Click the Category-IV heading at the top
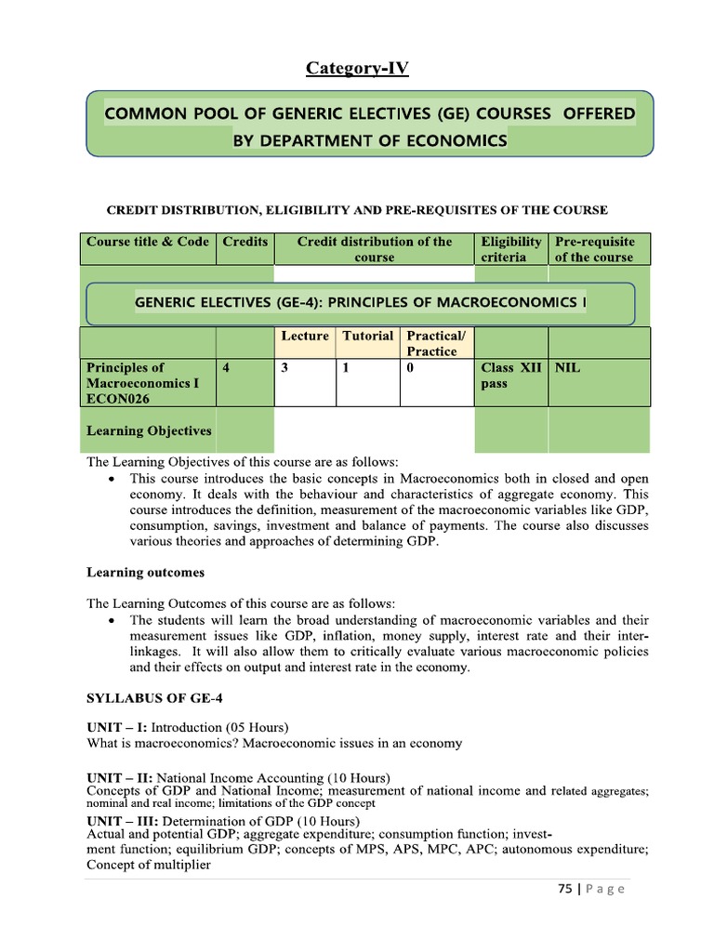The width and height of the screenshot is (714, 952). click(357, 68)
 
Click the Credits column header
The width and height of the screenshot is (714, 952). click(245, 242)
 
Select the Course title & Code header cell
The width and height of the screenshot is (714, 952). click(148, 242)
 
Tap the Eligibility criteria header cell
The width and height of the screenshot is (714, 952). click(510, 249)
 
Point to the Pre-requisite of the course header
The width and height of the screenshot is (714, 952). click(595, 249)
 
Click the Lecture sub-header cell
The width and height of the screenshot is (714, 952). click(305, 336)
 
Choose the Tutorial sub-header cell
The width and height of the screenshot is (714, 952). click(367, 336)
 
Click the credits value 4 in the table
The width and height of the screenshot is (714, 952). click(227, 368)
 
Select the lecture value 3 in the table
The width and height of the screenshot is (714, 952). click(284, 368)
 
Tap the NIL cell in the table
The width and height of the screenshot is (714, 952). click(567, 368)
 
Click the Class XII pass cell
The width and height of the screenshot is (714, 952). click(510, 376)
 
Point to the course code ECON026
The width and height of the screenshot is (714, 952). click(119, 399)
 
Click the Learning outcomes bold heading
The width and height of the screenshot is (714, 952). click(145, 573)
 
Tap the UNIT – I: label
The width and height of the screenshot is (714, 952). click(117, 726)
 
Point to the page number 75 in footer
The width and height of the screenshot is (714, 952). click(564, 889)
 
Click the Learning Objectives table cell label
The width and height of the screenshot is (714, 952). click(149, 430)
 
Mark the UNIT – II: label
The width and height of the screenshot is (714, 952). click(120, 777)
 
